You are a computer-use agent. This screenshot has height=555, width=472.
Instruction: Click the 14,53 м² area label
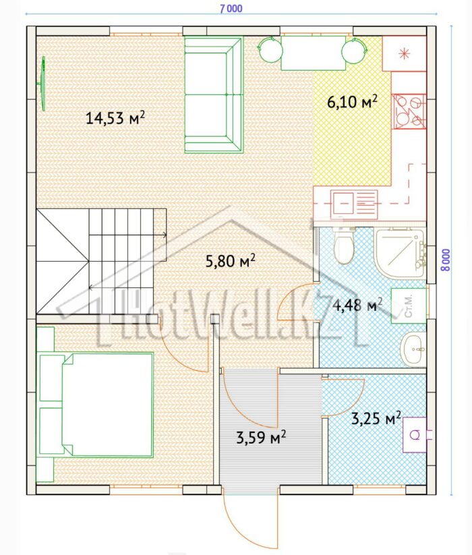[x=115, y=117]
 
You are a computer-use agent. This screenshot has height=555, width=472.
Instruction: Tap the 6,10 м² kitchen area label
[x=352, y=102]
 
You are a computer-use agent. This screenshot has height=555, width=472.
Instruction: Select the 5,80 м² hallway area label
[x=231, y=261]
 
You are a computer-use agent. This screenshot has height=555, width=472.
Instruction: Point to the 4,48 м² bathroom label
[x=357, y=305]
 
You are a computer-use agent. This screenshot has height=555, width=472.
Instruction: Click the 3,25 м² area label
[x=376, y=418]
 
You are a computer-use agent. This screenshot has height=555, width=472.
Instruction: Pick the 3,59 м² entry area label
[x=261, y=438]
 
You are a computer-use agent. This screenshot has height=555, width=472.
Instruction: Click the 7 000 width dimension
[x=231, y=9]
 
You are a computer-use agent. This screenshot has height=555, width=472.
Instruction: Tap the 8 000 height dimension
[x=446, y=260]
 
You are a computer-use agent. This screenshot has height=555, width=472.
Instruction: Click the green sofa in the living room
[x=214, y=95]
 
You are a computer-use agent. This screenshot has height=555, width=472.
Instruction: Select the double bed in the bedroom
[x=96, y=404]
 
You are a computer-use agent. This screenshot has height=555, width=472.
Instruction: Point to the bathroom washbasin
[x=413, y=349]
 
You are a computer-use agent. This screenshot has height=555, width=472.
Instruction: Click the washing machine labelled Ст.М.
[x=409, y=305]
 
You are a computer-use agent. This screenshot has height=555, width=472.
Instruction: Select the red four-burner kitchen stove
[x=409, y=111]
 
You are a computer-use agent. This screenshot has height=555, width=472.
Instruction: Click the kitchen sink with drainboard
[x=354, y=204]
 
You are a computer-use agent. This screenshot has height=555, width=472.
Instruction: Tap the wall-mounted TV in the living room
[x=42, y=84]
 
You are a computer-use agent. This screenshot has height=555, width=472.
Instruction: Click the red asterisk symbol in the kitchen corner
[x=404, y=53]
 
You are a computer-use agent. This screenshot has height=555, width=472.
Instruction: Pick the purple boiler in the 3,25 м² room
[x=415, y=435]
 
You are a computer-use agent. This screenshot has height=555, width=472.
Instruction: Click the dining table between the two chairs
[x=314, y=53]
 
